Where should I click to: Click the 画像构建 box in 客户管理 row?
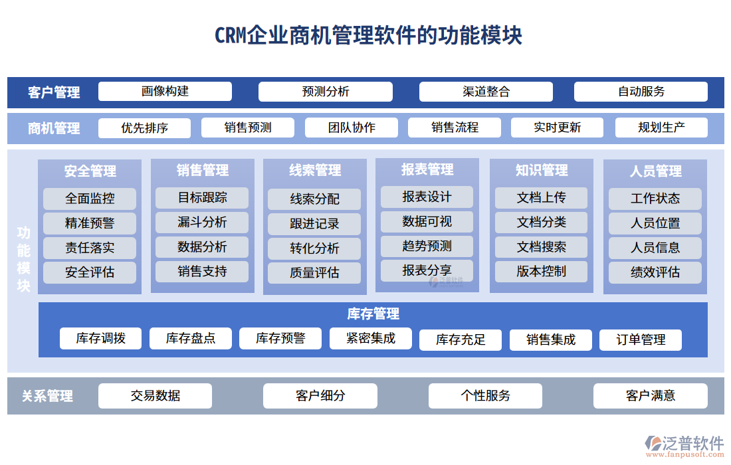point(165,92)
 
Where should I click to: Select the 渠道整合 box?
point(486,92)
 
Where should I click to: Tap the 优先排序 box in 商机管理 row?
point(144,128)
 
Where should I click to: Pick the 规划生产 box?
point(661,128)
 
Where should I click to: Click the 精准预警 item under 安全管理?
point(90,223)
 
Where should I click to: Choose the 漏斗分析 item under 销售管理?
point(202,222)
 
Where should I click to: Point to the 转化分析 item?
point(314,248)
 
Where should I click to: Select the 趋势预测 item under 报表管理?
point(427,246)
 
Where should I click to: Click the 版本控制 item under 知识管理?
point(541,271)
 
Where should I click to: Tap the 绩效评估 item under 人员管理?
point(655,272)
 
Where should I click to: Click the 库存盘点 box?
point(191,339)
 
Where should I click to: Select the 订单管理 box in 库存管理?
point(641,340)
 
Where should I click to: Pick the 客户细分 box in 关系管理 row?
point(320,396)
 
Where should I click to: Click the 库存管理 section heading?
point(373,314)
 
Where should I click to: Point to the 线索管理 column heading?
point(315,171)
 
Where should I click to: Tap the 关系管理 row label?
point(47,397)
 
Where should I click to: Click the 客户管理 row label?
point(54,93)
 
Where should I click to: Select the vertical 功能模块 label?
point(23,260)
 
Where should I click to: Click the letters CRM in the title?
point(230,35)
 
